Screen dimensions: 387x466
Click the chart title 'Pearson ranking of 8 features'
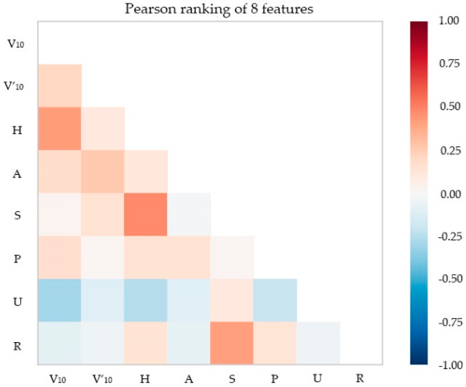tap(219, 9)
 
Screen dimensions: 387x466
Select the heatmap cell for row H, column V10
tap(60, 129)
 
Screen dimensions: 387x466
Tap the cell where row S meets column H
tap(146, 215)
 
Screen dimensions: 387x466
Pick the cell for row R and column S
tap(232, 343)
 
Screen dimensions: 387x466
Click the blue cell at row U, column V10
tap(60, 300)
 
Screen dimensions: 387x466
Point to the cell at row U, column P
tap(275, 300)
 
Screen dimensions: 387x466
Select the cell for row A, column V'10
tap(103, 172)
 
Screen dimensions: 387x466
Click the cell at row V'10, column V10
tap(60, 86)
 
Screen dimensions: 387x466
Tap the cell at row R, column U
tap(318, 343)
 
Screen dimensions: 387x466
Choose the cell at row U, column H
tap(146, 300)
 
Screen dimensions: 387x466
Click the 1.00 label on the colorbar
tap(449, 21)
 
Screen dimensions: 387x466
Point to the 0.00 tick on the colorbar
tap(450, 194)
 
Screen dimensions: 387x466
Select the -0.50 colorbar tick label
tap(450, 279)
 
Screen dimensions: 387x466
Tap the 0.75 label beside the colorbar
tap(449, 64)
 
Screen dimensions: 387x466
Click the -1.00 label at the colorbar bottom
tap(450, 365)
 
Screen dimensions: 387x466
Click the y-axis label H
tap(17, 130)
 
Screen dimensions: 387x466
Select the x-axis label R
tap(360, 378)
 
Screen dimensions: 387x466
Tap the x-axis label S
tap(232, 379)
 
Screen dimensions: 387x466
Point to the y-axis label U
tap(18, 302)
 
